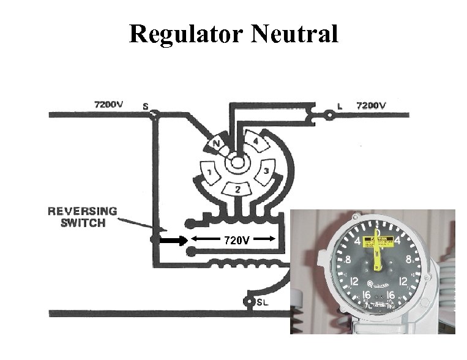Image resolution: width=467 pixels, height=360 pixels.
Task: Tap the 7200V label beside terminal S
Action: (109, 105)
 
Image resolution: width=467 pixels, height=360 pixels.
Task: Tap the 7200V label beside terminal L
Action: (372, 105)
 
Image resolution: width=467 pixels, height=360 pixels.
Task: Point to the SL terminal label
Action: (262, 302)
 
